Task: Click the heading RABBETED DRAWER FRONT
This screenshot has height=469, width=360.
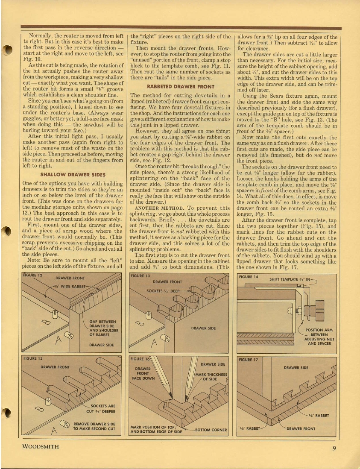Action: coord(181,86)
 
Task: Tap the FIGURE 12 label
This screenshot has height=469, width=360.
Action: coord(33,276)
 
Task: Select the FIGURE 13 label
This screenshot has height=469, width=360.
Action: coord(141,276)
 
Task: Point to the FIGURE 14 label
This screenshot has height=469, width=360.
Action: coord(248,277)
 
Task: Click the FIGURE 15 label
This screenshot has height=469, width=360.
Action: coord(33,358)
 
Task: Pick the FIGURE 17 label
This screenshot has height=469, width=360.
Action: coord(248,360)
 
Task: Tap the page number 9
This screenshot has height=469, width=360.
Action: coord(334,448)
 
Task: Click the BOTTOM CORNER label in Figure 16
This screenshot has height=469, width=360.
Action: coord(211,430)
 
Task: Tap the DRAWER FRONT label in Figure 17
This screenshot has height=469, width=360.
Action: coord(301,428)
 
